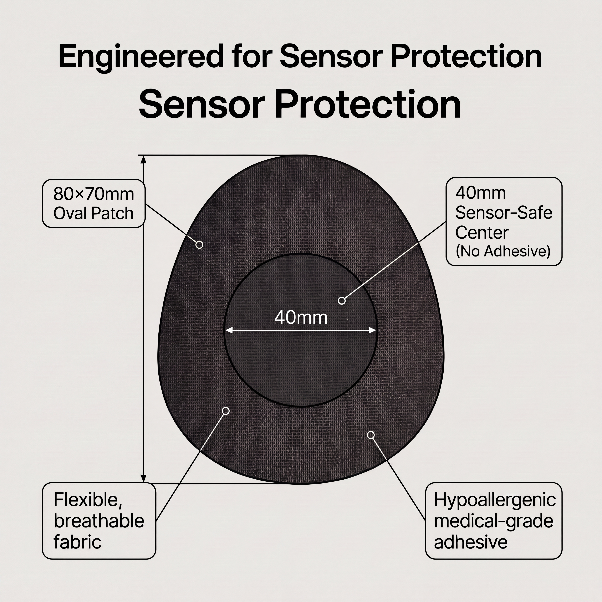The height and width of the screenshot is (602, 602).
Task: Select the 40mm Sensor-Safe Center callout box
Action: pos(504,221)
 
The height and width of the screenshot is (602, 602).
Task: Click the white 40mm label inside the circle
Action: pos(301,318)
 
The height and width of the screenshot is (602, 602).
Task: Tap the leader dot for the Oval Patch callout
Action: pos(199,245)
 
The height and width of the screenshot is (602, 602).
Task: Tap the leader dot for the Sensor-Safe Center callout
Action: pos(342,301)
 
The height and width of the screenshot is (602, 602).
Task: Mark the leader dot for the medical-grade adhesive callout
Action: pos(371,435)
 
